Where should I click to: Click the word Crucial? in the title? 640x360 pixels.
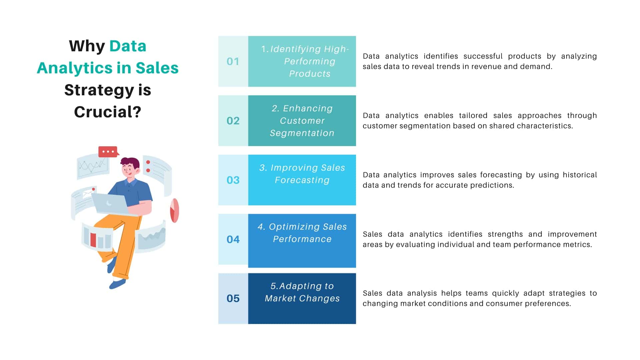coord(108,112)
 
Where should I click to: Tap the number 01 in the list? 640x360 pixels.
coord(233,62)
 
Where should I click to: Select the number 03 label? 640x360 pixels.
coord(233,180)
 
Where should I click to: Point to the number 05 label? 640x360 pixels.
coord(233,299)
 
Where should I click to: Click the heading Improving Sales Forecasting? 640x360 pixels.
coord(302,174)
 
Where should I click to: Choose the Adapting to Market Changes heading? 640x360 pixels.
coord(302,292)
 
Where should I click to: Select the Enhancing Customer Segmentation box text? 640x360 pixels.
coord(302,121)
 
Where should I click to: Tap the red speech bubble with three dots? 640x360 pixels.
coord(108,152)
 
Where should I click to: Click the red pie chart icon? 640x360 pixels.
coord(174,210)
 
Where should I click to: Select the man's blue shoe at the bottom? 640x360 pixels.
coord(117,284)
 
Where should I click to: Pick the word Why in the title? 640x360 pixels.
coord(87,46)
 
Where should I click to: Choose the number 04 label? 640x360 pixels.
coord(233,239)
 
